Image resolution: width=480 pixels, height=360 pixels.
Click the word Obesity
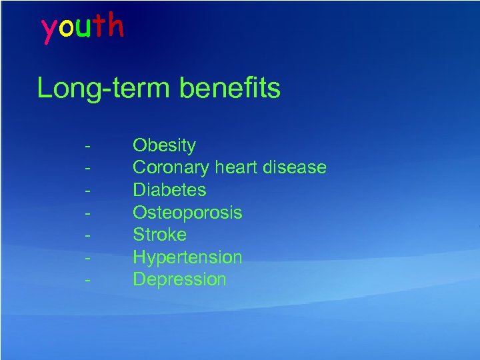(164, 145)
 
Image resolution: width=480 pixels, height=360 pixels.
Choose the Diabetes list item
(169, 190)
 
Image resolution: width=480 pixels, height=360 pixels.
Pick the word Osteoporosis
(187, 213)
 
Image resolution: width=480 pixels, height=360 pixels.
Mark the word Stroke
(159, 235)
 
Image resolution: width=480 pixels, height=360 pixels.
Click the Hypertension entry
(187, 257)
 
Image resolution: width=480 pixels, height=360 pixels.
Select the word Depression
(179, 279)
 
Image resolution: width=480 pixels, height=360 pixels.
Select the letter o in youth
(65, 28)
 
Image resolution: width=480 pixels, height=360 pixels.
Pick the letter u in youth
(83, 28)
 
